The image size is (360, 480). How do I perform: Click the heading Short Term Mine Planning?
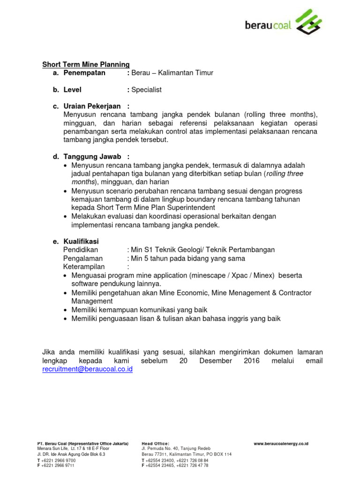[x=86, y=64]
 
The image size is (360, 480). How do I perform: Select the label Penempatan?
[x=84, y=73]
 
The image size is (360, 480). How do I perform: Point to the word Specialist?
[x=147, y=90]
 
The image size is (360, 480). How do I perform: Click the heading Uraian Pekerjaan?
[x=92, y=106]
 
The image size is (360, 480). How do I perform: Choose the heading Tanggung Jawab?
[x=92, y=157]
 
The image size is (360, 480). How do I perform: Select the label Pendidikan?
[x=81, y=250]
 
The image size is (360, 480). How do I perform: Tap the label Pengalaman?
[x=83, y=258]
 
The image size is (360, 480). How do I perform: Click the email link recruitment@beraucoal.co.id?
[x=88, y=369]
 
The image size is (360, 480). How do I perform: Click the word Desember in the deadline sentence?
[x=215, y=361]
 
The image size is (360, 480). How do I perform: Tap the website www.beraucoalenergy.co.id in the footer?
[x=281, y=443]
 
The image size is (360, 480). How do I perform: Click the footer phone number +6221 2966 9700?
[x=59, y=460]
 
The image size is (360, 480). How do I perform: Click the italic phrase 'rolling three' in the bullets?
[x=285, y=173]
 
